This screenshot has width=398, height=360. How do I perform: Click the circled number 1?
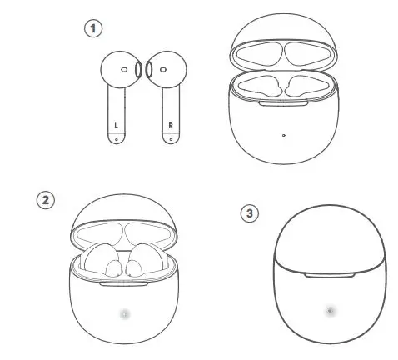point(94,29)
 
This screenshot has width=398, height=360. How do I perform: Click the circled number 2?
point(46,200)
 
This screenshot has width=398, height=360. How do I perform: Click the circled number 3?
point(248,212)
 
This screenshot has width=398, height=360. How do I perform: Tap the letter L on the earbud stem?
point(116,127)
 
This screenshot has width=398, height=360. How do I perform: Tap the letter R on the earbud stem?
point(171,127)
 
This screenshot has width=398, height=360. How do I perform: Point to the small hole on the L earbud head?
point(124,70)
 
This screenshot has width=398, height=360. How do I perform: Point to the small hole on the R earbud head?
point(163,70)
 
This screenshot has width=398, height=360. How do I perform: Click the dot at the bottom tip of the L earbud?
point(116,139)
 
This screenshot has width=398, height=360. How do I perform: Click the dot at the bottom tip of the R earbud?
point(171,139)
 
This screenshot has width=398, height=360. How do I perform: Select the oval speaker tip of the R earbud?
point(148,71)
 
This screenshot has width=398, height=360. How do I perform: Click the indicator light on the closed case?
point(330,311)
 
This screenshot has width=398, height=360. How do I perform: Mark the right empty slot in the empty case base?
point(301,87)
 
